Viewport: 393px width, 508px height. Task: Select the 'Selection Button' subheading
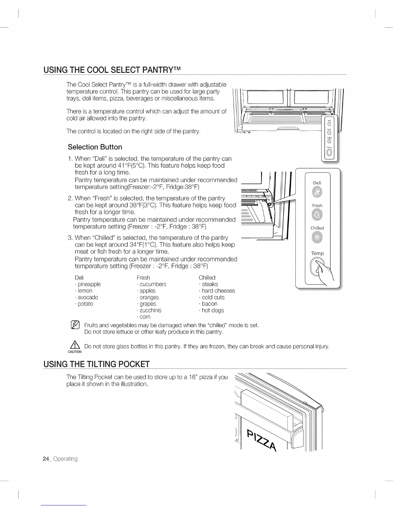click(x=95, y=147)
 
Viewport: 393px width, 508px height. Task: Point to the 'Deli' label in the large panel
click(x=317, y=183)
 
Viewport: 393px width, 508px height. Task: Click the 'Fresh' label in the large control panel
click(x=317, y=206)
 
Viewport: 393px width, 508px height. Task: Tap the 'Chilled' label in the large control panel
click(x=317, y=228)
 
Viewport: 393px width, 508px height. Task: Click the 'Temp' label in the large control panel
click(x=317, y=253)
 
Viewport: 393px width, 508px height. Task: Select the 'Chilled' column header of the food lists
click(x=207, y=277)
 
